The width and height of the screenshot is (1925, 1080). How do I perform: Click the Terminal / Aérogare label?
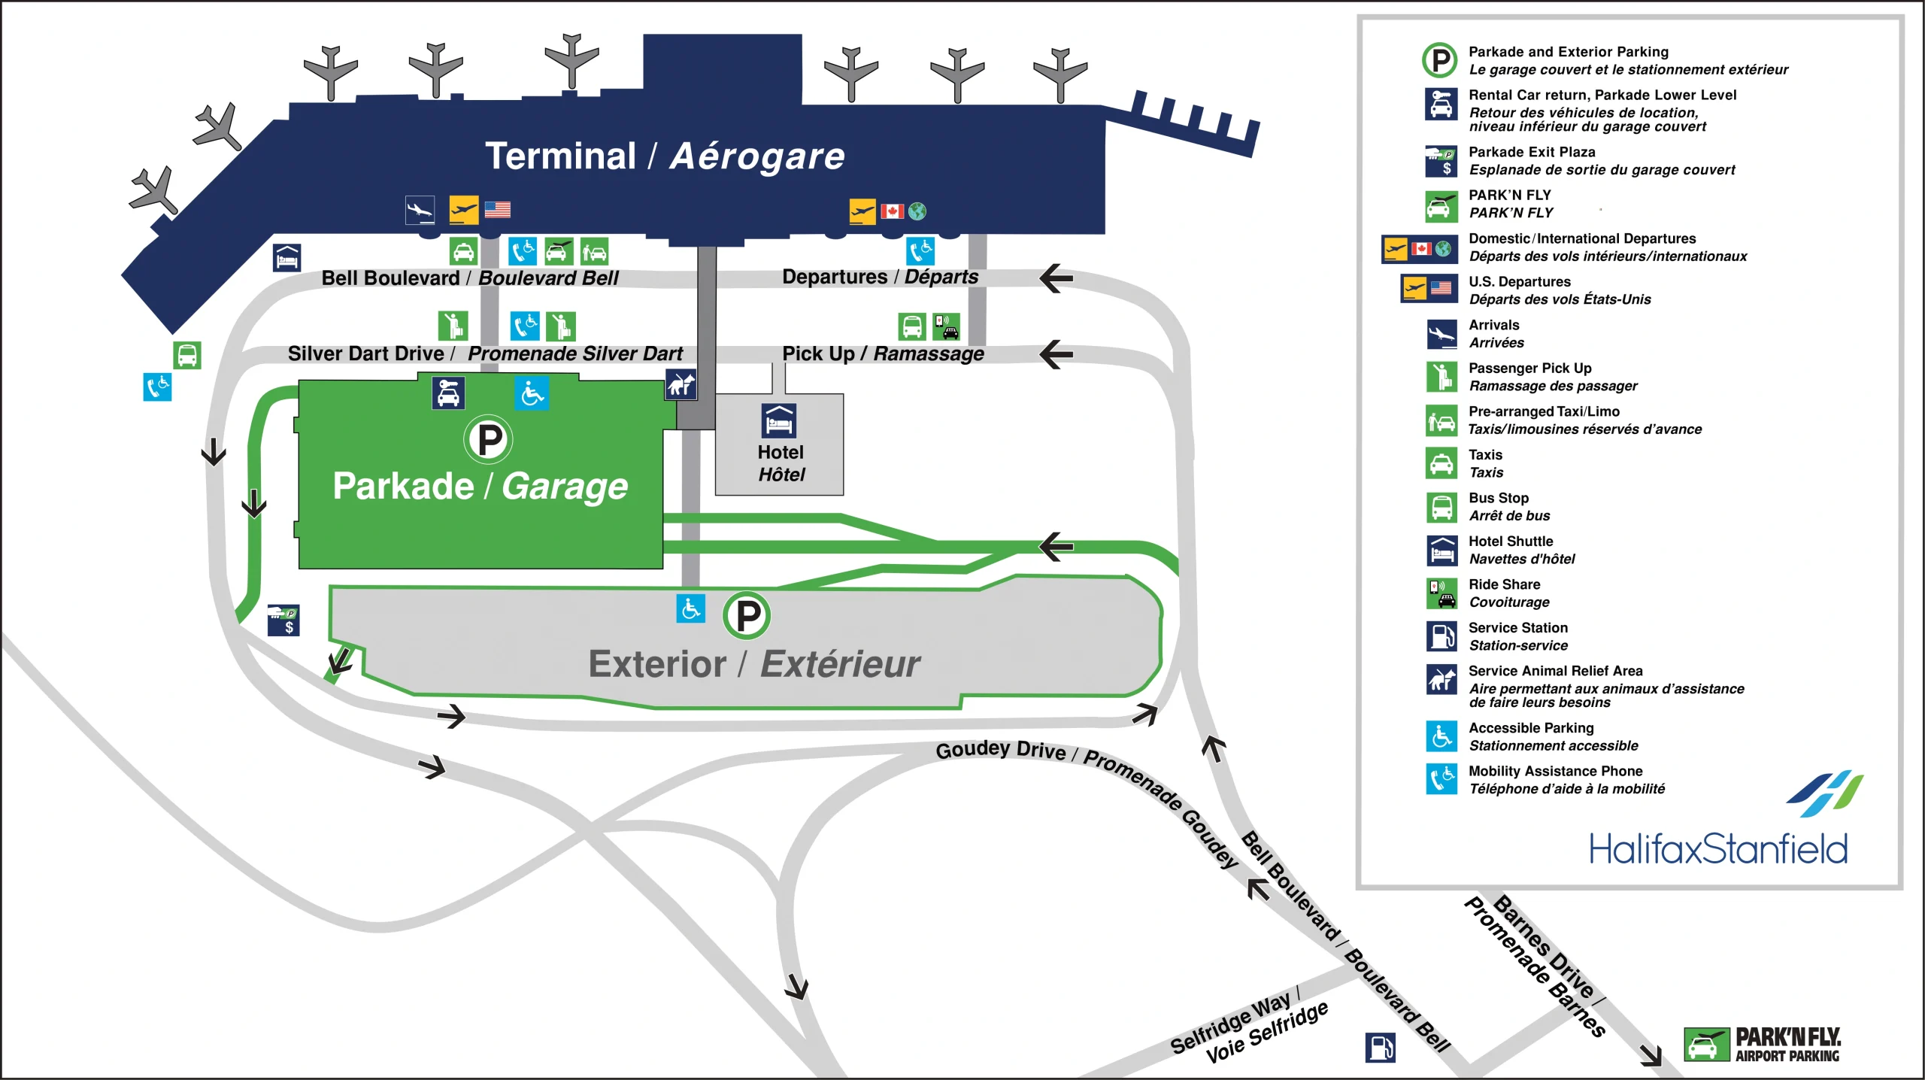[665, 156]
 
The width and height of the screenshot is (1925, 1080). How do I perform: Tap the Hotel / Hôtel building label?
[781, 463]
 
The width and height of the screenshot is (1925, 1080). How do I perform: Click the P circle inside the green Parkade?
[489, 439]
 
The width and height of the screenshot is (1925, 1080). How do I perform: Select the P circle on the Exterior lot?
[747, 616]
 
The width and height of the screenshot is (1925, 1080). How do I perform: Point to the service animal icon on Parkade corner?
[681, 384]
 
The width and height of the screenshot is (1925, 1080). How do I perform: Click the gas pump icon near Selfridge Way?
[1380, 1047]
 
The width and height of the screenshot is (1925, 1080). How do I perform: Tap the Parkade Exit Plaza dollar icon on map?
[283, 620]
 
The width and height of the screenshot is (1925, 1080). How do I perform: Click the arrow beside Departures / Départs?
[1056, 278]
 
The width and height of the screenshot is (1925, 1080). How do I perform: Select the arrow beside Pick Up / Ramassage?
[1056, 354]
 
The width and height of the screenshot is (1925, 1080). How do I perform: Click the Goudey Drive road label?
[1000, 750]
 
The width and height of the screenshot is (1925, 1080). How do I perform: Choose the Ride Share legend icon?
[1441, 593]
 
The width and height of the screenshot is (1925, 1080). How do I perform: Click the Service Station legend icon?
[1441, 636]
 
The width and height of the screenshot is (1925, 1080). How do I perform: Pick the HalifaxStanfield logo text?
[1717, 849]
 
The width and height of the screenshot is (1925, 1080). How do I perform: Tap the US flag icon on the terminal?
[497, 210]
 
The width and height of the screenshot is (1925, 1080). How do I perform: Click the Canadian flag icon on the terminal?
[892, 211]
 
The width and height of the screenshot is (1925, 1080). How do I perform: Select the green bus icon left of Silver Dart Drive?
[187, 354]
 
